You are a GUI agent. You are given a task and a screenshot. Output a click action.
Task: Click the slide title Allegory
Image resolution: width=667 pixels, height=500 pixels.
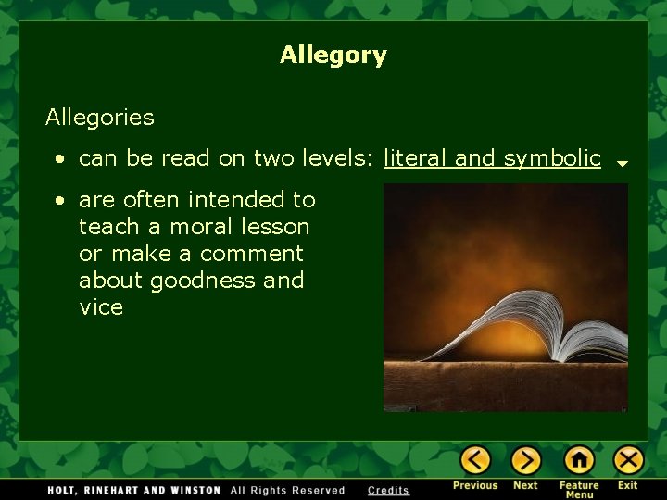[333, 56]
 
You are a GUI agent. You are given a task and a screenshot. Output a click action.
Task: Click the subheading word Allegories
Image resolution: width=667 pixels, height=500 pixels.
[100, 118]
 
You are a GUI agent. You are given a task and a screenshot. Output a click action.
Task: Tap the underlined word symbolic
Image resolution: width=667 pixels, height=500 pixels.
[552, 158]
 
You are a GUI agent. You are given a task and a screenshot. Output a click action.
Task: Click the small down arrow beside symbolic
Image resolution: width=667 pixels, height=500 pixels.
[623, 163]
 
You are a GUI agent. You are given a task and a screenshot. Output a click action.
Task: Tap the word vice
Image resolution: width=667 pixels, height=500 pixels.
[101, 307]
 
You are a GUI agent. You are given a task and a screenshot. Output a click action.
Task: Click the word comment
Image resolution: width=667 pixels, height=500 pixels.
[251, 253]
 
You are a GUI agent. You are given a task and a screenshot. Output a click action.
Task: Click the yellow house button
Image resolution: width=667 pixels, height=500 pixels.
[579, 460]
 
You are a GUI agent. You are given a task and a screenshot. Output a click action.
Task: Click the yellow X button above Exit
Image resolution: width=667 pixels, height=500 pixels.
[628, 460]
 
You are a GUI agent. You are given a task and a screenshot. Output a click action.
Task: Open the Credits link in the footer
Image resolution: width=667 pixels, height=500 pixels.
[388, 490]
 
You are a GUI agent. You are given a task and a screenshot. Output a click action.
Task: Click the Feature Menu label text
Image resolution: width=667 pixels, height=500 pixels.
[579, 490]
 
